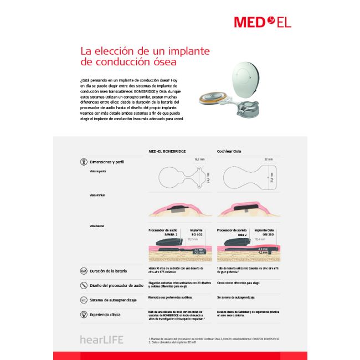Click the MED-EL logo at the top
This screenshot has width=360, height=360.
(x=262, y=22)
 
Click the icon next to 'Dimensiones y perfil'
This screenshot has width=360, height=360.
(x=83, y=162)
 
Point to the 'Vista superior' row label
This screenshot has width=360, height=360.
(x=97, y=172)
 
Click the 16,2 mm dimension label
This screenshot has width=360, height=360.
(x=199, y=160)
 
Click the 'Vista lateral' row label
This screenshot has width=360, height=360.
(x=96, y=226)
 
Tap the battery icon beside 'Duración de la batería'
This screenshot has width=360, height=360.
(x=83, y=271)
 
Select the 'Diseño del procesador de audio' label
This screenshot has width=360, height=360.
(x=116, y=285)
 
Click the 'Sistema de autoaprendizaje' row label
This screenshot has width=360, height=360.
(x=114, y=300)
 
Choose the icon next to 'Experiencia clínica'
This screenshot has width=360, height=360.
(x=83, y=315)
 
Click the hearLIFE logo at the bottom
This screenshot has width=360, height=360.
(x=101, y=340)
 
